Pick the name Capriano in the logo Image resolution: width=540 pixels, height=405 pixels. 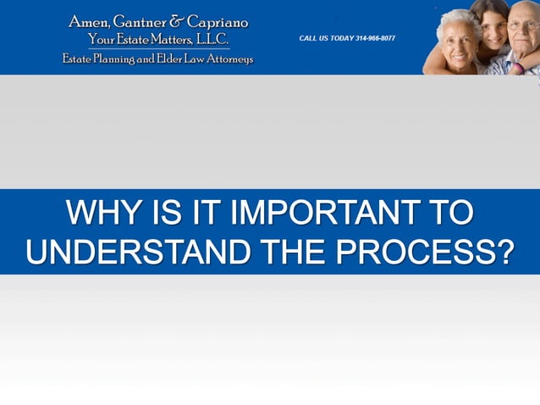pyautogui.click(x=218, y=22)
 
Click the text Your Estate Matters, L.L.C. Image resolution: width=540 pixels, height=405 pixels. pyautogui.click(x=158, y=40)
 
